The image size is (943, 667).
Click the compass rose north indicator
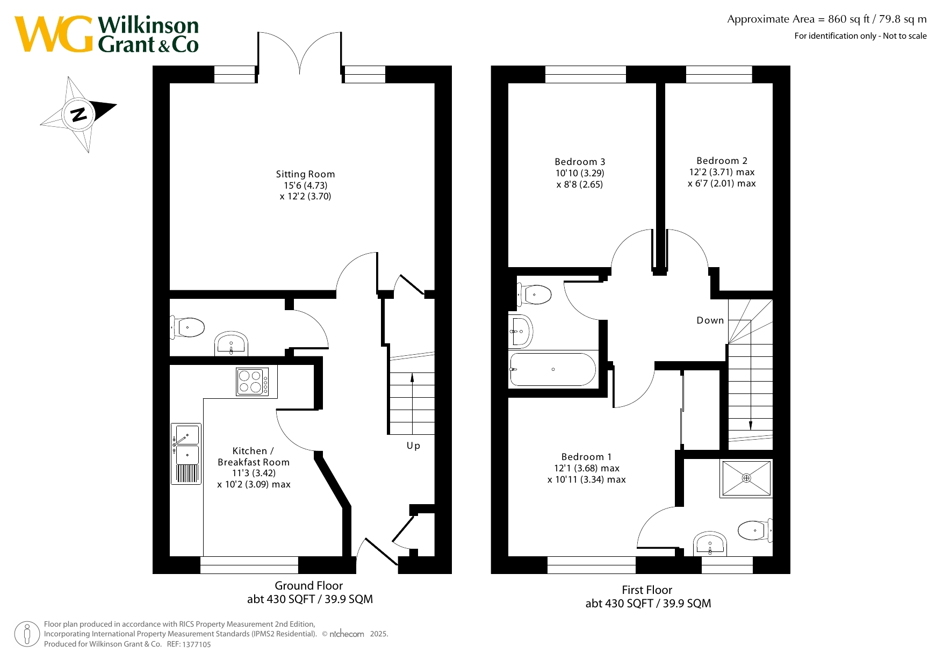[x=78, y=114]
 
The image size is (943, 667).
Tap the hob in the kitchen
[x=253, y=382]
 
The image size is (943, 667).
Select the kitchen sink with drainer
[x=186, y=454]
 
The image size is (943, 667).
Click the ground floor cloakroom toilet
[x=188, y=327]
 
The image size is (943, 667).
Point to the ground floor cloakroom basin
[x=232, y=344]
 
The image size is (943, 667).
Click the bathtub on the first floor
[x=553, y=369]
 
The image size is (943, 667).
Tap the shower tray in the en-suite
[x=746, y=478]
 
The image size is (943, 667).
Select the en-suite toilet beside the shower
[x=755, y=530]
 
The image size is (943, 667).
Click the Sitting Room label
[x=305, y=174]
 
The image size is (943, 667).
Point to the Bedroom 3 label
[x=580, y=162]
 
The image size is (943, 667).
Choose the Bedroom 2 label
[x=722, y=161]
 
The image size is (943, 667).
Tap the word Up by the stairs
[x=413, y=446]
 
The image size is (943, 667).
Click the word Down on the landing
[x=710, y=320]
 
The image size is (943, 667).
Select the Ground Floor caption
[x=308, y=586]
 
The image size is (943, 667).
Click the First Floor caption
[x=647, y=590]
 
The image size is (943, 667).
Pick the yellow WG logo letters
[x=54, y=34]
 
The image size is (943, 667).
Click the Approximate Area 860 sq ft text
[x=827, y=19]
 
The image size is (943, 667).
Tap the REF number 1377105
[x=197, y=644]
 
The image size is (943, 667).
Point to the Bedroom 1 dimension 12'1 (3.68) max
[x=587, y=468]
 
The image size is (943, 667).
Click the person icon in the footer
[x=27, y=634]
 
